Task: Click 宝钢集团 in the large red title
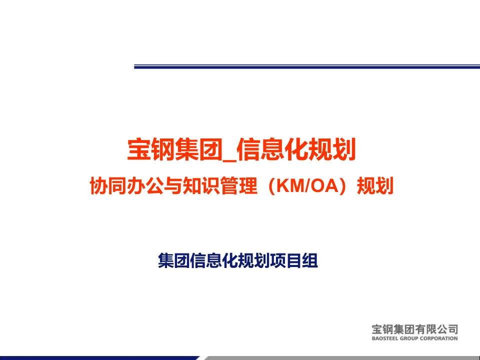click(x=174, y=149)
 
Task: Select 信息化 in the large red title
click(x=272, y=149)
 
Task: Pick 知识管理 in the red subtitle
click(x=219, y=186)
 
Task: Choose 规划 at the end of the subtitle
click(x=375, y=186)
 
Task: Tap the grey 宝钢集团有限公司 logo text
click(x=415, y=329)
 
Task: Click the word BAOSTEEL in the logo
click(x=384, y=338)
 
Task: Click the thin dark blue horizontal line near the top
click(x=307, y=66)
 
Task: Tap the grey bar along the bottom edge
click(x=341, y=358)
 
